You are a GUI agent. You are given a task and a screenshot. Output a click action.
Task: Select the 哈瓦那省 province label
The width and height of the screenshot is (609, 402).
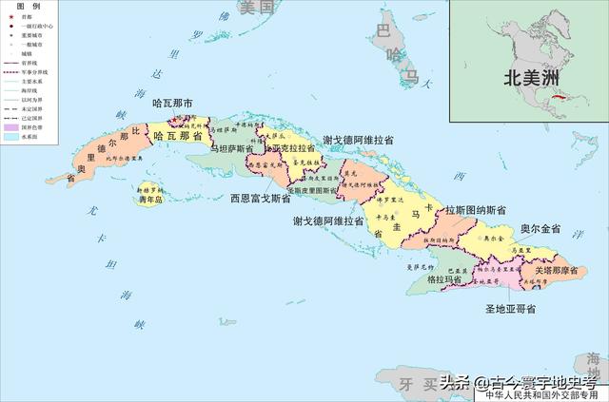coord(178,137)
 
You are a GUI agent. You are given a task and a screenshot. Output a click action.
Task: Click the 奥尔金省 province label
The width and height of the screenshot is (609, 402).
coord(540,229)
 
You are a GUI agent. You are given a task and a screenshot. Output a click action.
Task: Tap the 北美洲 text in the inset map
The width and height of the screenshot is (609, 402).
coord(528,81)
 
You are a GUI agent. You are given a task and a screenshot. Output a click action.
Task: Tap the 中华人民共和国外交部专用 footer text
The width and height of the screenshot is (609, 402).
coord(542,394)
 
